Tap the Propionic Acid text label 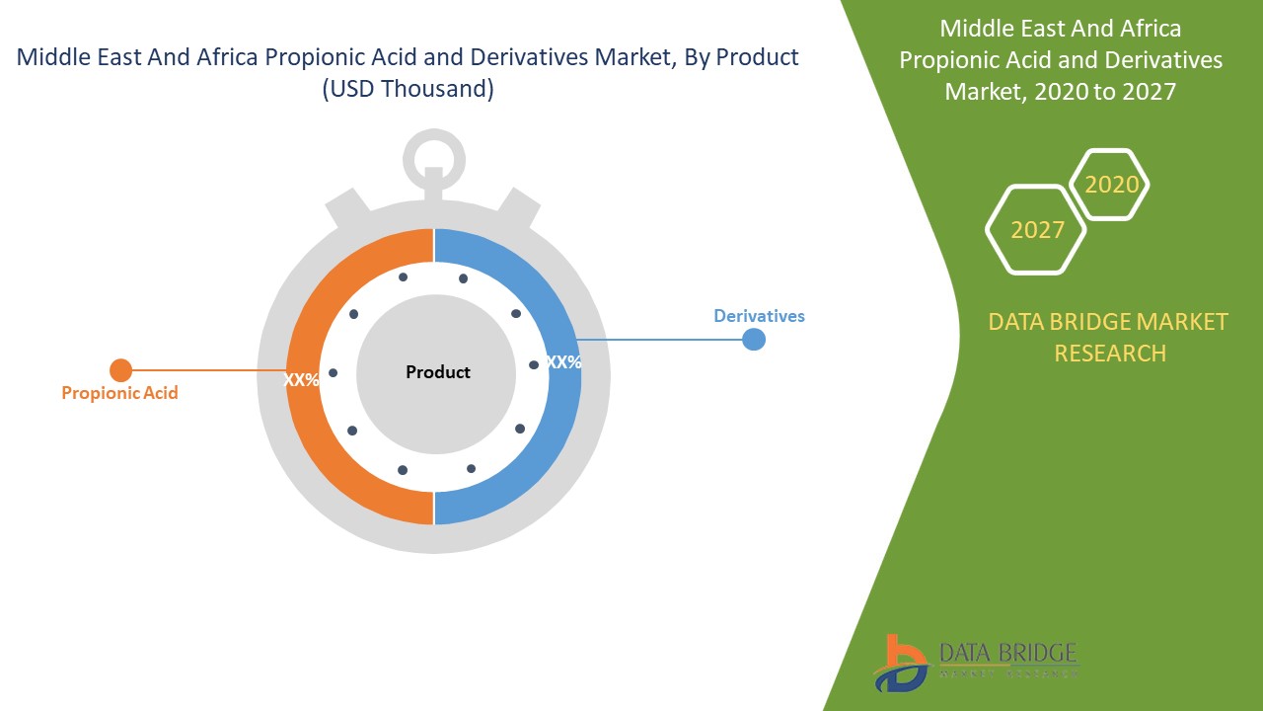pos(119,393)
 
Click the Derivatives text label pos(759,316)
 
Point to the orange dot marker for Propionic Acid pos(120,370)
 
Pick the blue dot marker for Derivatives pos(753,339)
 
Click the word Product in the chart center pos(438,372)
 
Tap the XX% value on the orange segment pos(301,379)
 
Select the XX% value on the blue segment pos(563,362)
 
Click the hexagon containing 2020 pos(1111,185)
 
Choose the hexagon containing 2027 pos(1037,230)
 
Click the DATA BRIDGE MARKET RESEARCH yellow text pos(1109,337)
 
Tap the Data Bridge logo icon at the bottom pos(900,663)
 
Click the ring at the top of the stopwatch pos(433,155)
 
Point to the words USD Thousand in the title pos(408,88)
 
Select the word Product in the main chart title pos(757,57)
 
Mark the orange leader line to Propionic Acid pos(207,370)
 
